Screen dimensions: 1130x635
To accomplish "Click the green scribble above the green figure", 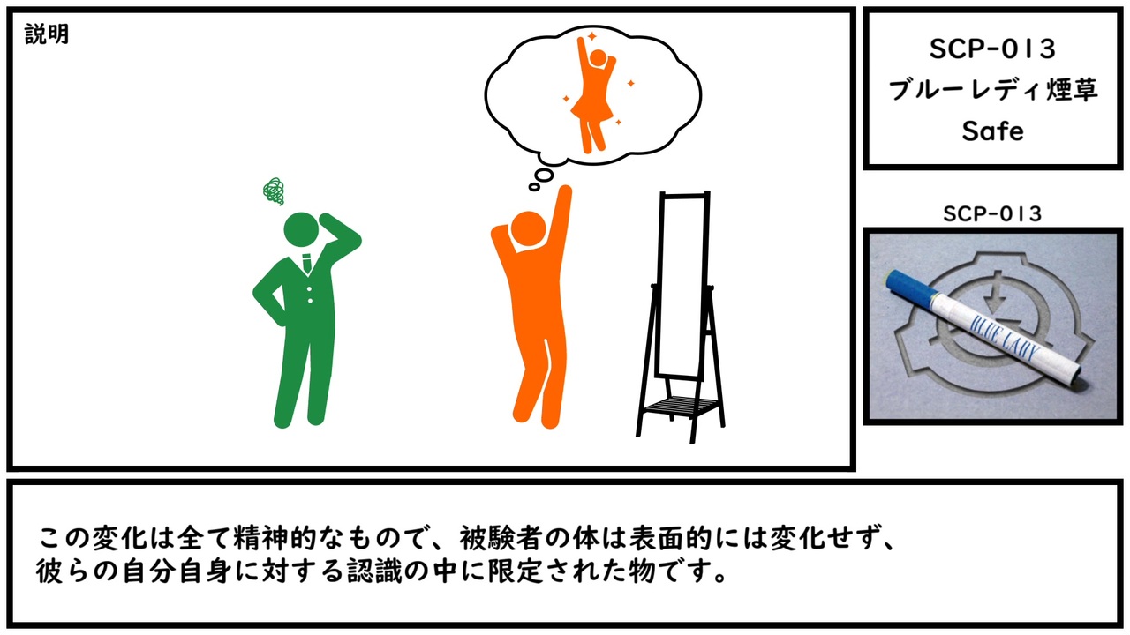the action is click(274, 191).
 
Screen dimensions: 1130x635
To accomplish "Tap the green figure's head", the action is click(301, 230).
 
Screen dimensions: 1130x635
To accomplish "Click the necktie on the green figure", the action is click(306, 263).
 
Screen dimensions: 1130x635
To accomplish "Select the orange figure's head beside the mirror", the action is click(528, 230).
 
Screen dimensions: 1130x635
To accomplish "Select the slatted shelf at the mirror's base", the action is click(682, 405).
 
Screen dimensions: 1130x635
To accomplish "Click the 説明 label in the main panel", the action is click(47, 34).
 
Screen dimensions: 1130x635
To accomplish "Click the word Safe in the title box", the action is click(992, 131).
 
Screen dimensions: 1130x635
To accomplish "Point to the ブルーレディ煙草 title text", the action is click(992, 90).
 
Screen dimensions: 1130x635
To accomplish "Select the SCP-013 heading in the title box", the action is click(992, 49).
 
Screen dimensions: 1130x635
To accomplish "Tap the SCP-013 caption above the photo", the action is click(992, 213).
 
